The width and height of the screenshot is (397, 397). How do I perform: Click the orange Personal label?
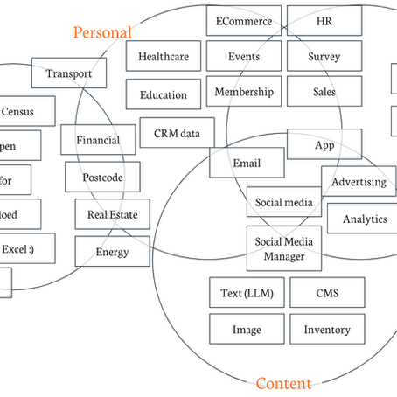(x=102, y=32)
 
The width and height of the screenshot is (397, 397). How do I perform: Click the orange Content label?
(x=283, y=383)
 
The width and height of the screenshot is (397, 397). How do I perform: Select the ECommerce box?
(x=244, y=21)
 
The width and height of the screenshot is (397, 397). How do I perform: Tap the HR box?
(x=324, y=21)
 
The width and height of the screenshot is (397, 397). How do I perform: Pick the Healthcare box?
(x=164, y=57)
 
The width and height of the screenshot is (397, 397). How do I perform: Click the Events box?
(x=244, y=57)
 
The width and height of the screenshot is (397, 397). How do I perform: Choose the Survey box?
(x=324, y=57)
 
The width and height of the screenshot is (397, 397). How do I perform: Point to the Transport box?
(x=68, y=73)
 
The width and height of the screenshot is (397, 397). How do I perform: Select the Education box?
(x=164, y=94)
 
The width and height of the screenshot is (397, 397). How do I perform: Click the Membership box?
(x=244, y=91)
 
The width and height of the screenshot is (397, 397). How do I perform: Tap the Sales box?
(x=324, y=91)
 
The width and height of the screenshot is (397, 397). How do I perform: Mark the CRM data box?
(x=177, y=132)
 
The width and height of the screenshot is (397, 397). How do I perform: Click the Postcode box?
(x=102, y=178)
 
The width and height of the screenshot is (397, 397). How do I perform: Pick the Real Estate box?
(x=112, y=213)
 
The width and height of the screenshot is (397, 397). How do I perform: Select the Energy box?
(x=112, y=252)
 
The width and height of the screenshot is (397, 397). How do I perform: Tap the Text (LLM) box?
(x=247, y=294)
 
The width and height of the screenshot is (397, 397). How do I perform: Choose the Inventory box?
(x=326, y=330)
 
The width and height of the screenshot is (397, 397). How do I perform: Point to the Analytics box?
(x=364, y=219)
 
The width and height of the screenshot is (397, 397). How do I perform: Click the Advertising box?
(x=359, y=182)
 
